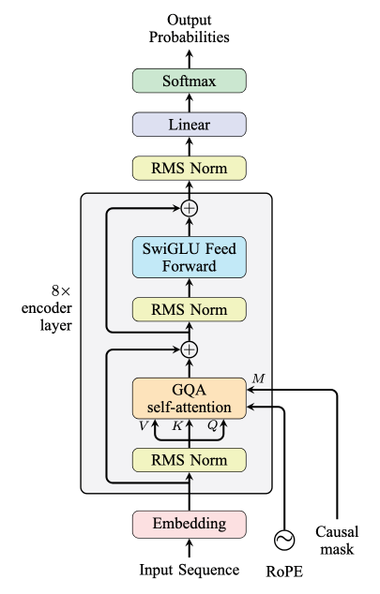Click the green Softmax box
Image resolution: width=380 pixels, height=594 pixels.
[190, 82]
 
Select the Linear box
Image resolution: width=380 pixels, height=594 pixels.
[190, 125]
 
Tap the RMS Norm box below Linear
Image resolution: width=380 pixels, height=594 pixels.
[190, 169]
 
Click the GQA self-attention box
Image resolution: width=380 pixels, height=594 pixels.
[190, 397]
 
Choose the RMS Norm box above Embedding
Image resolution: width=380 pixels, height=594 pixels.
[190, 459]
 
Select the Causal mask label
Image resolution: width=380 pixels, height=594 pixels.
[335, 541]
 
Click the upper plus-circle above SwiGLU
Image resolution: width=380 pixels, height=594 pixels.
[190, 208]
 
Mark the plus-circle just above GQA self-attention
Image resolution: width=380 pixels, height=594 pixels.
[190, 349]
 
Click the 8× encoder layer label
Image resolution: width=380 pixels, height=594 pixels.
[43, 310]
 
